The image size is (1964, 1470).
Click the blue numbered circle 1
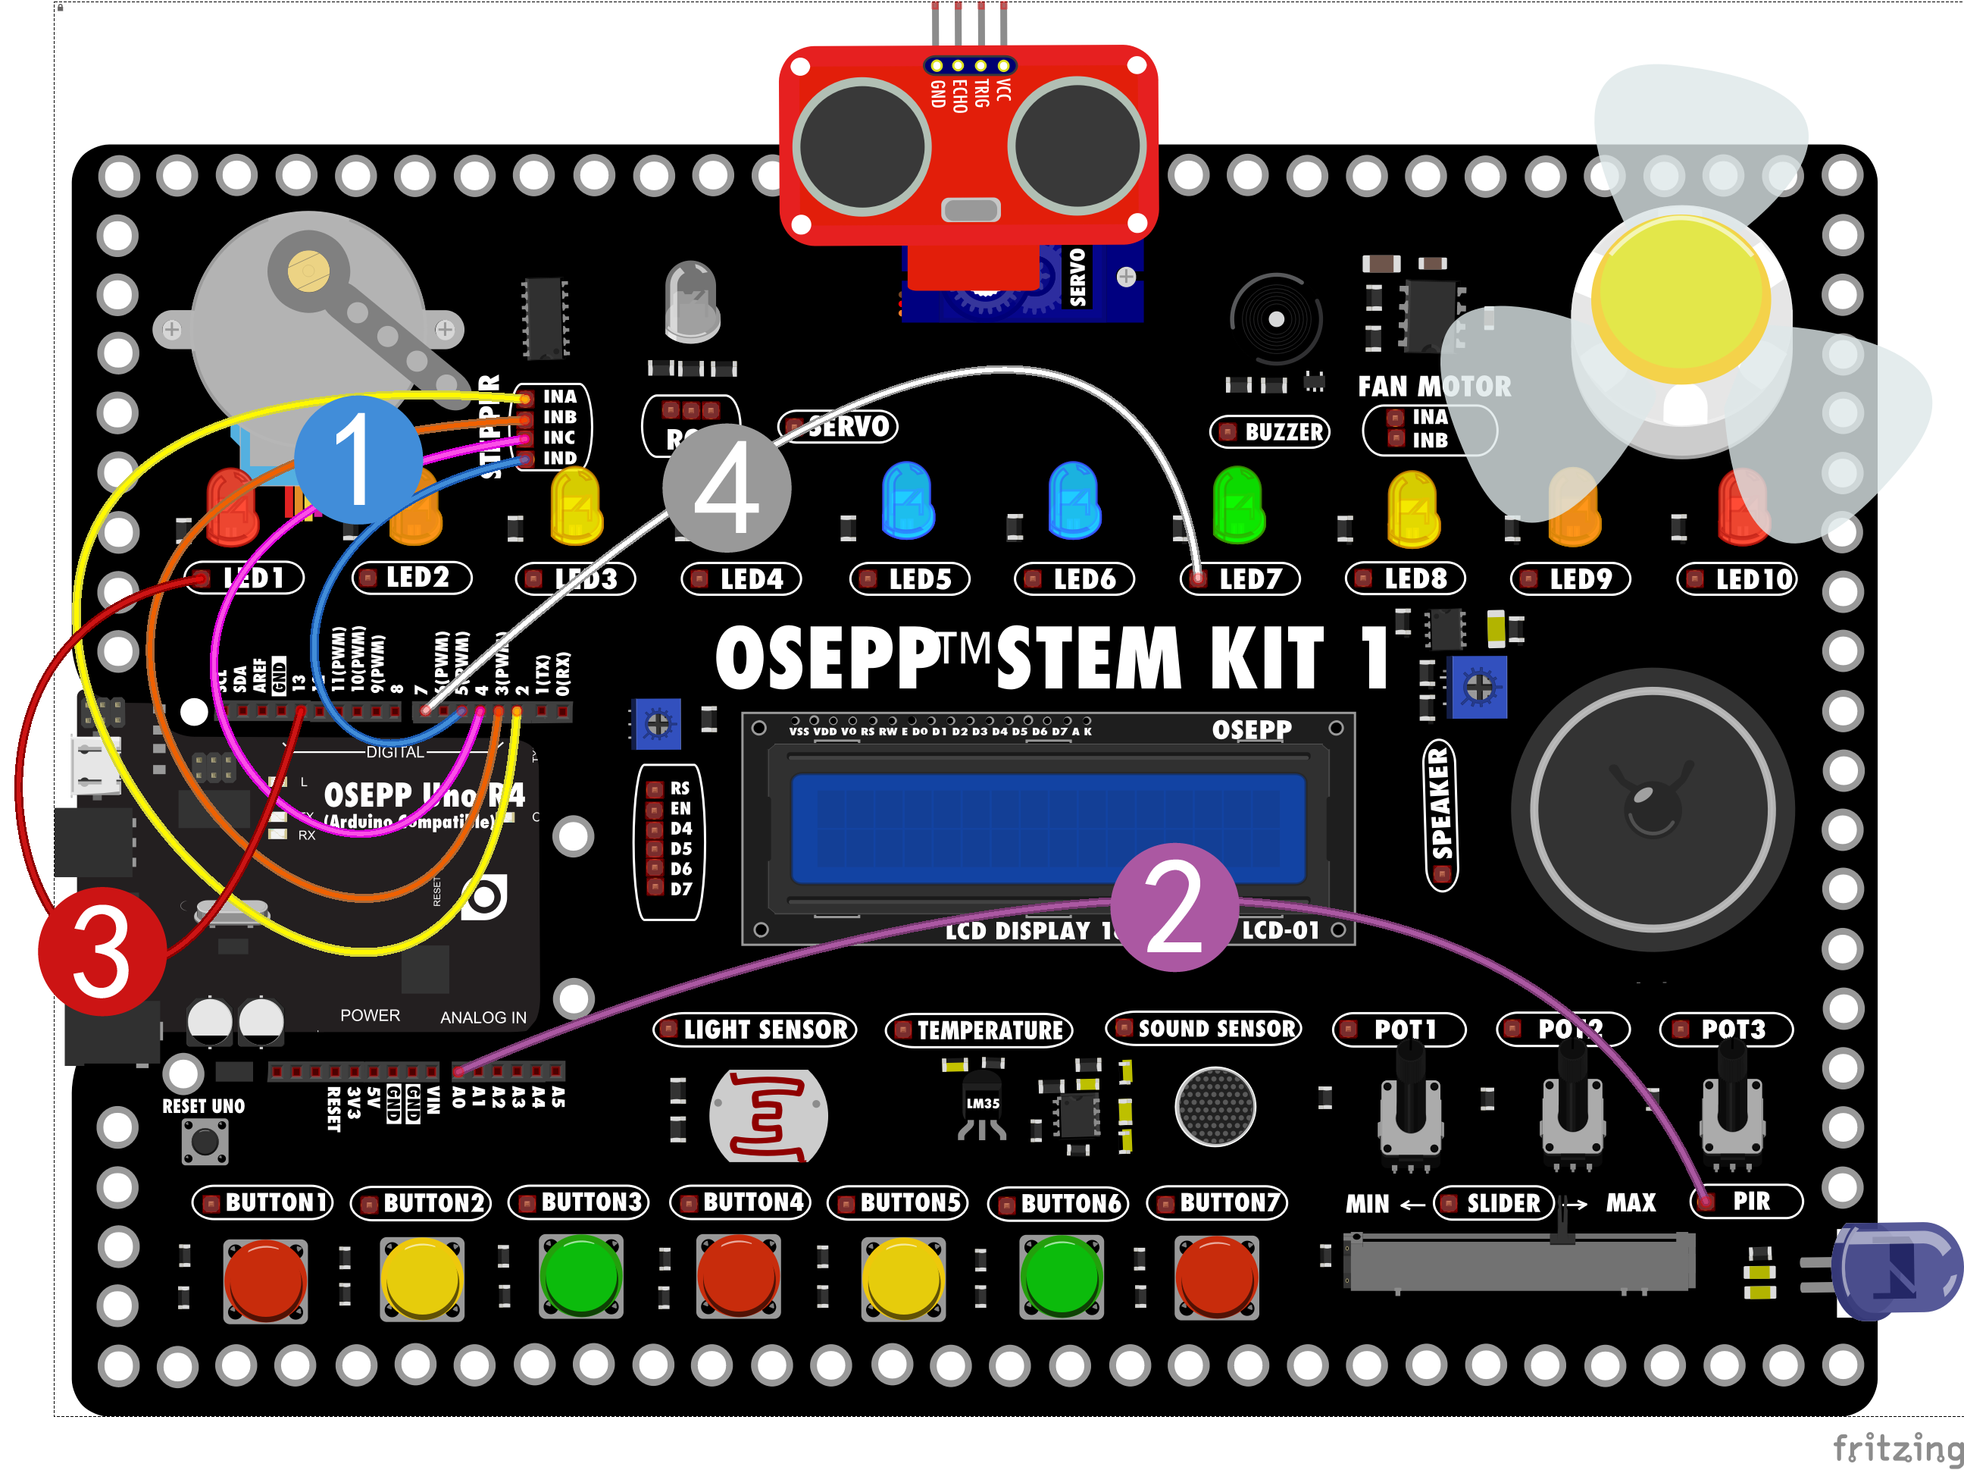coord(358,459)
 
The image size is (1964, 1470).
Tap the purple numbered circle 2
coord(1174,907)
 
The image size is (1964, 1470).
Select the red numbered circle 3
coord(102,951)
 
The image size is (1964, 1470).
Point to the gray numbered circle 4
coord(727,487)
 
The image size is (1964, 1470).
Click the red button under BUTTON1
coord(265,1280)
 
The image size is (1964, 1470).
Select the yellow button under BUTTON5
coord(903,1280)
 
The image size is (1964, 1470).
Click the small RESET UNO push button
coord(205,1142)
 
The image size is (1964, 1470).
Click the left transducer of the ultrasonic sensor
coord(862,146)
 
